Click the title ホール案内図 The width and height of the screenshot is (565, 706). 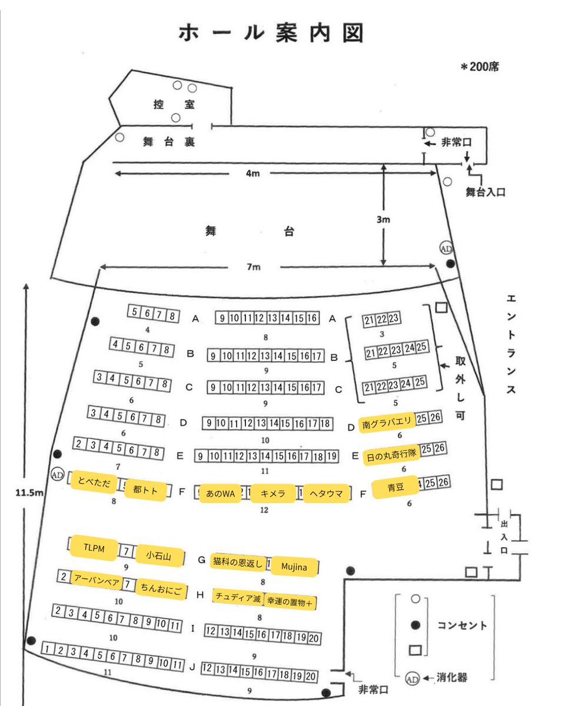[x=271, y=33]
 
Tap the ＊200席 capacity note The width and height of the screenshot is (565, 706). [x=480, y=67]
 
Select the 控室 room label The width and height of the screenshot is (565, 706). [x=174, y=104]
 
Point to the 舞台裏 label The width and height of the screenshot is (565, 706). [x=169, y=142]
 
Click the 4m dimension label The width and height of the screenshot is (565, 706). [x=253, y=173]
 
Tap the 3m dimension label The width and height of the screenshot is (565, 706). [x=383, y=219]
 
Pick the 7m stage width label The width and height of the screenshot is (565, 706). [x=254, y=267]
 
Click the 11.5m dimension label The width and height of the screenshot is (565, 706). [x=29, y=492]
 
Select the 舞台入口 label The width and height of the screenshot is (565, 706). [x=486, y=192]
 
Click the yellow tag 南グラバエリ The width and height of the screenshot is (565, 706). [x=387, y=424]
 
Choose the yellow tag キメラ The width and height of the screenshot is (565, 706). [x=272, y=494]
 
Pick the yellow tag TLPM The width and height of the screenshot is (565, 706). [x=94, y=548]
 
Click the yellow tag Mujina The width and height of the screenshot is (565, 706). [x=294, y=567]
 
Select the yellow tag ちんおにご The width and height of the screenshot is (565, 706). [x=161, y=589]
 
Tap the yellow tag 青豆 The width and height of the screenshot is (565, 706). [x=395, y=487]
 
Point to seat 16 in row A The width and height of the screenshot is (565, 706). [x=312, y=318]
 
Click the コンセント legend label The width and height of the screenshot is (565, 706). [x=462, y=625]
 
